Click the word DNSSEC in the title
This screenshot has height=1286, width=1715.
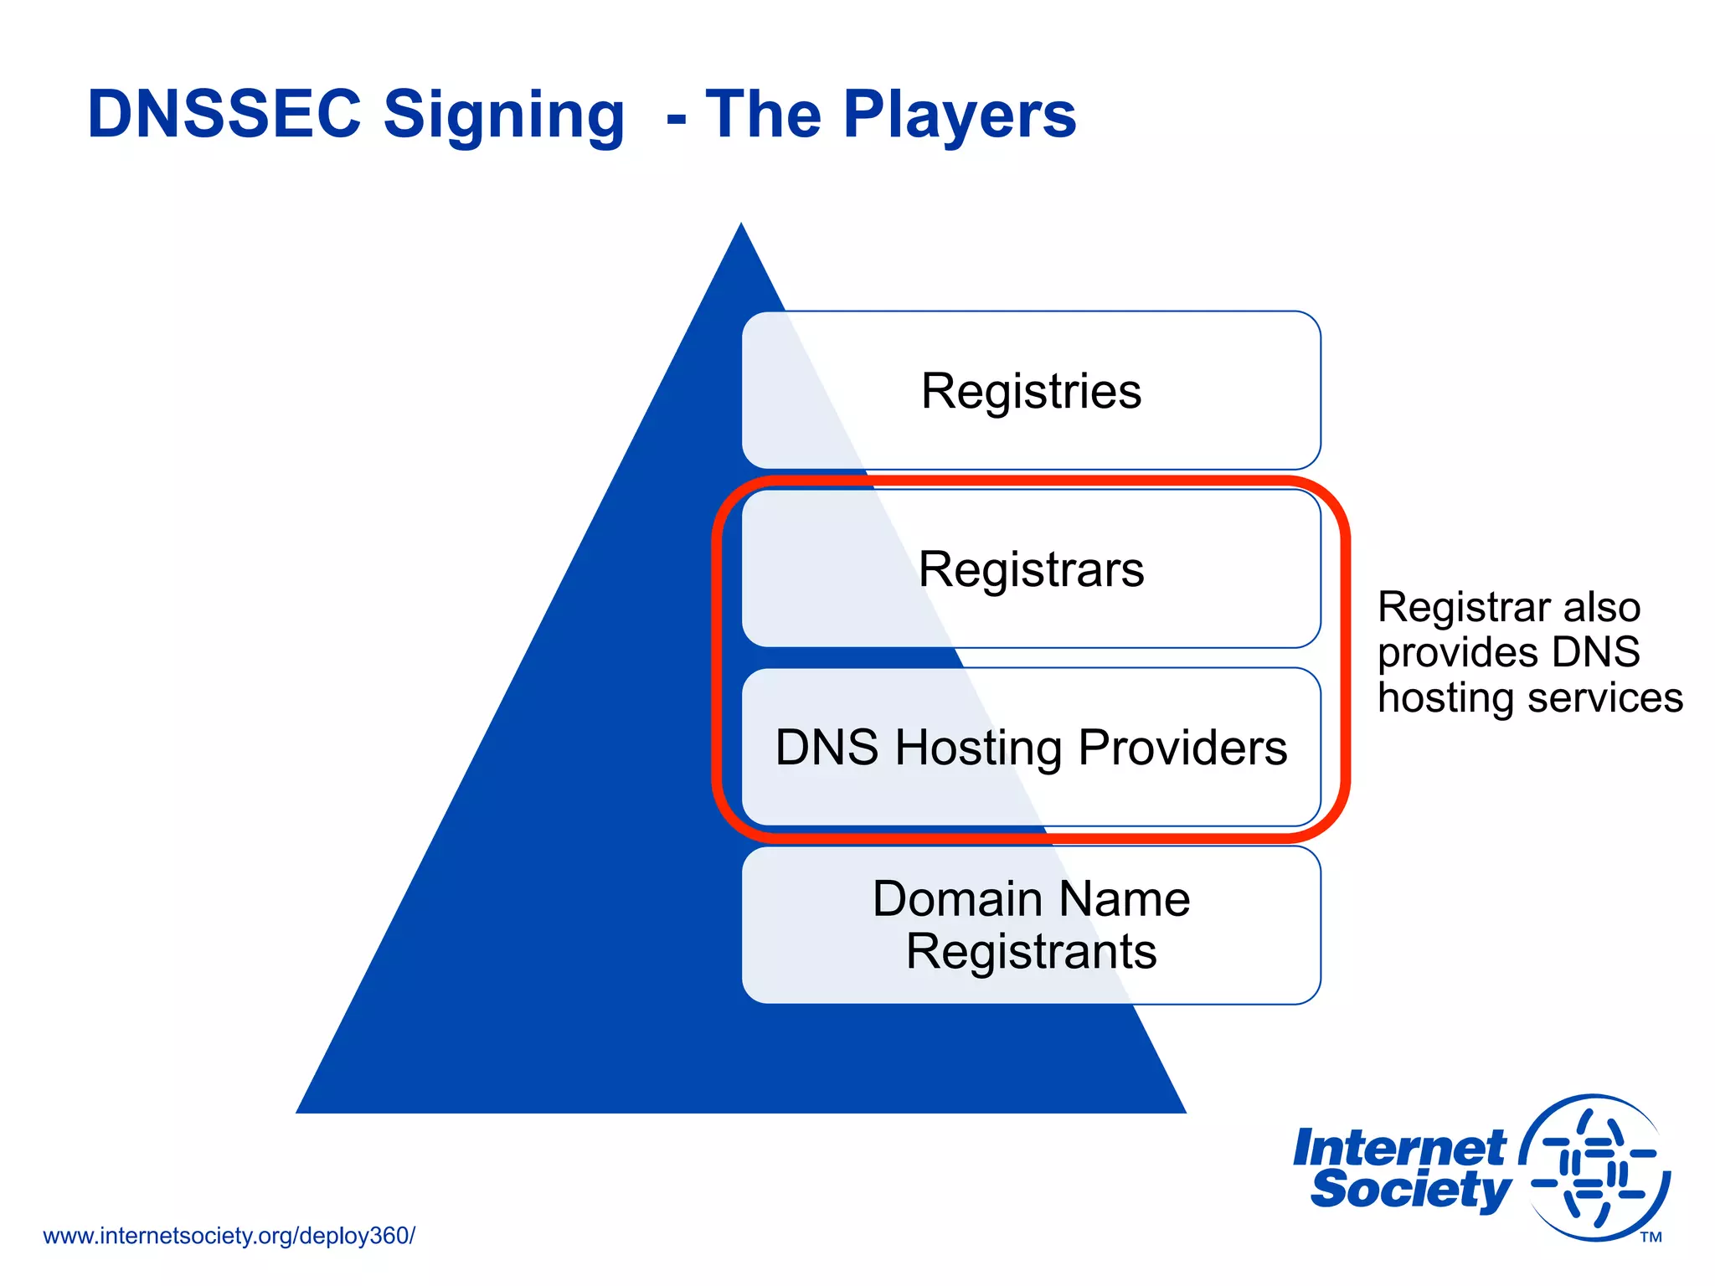pyautogui.click(x=224, y=114)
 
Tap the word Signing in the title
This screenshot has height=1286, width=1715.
pyautogui.click(x=503, y=116)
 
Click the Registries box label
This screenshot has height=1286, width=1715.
pyautogui.click(x=1031, y=391)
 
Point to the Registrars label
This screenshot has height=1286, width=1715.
pyautogui.click(x=1031, y=569)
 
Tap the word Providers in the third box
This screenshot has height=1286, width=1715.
pyautogui.click(x=1182, y=747)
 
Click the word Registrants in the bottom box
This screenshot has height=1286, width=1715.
pyautogui.click(x=1031, y=952)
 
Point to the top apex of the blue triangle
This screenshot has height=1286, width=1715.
pyautogui.click(x=741, y=226)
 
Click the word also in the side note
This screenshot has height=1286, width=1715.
pyautogui.click(x=1601, y=607)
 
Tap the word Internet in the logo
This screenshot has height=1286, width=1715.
pyautogui.click(x=1399, y=1148)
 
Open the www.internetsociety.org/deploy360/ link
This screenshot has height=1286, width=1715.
pyautogui.click(x=229, y=1236)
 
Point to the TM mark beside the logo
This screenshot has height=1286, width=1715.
pyautogui.click(x=1651, y=1237)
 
